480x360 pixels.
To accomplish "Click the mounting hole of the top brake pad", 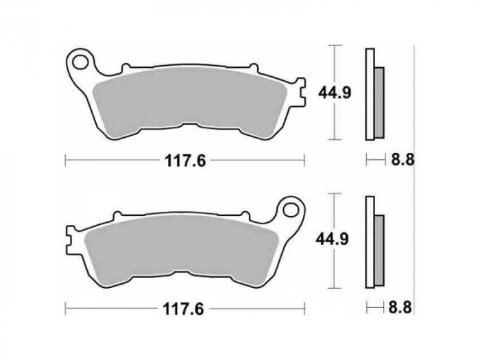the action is pos(80,62).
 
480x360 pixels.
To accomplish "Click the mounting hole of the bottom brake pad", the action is pos(291,210).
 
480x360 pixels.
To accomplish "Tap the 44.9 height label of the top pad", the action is pos(335,93).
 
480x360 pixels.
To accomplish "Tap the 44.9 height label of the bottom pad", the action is pos(332,239).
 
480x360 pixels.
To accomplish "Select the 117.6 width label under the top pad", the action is pos(185,160).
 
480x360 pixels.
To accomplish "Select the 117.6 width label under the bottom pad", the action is pos(183,309).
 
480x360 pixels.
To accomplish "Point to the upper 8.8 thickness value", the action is pos(403,160).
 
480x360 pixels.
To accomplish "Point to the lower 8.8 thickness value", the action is pos(400,307).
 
